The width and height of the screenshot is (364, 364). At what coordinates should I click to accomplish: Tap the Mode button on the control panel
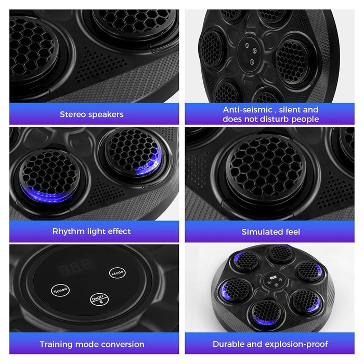(x=117, y=272)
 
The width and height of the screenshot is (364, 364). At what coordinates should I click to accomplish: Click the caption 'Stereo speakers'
(x=92, y=114)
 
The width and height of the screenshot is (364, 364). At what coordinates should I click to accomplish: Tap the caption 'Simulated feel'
(x=270, y=231)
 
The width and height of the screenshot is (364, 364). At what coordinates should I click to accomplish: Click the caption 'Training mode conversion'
(x=92, y=344)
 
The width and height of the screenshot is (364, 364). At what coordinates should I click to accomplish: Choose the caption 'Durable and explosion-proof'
(x=270, y=344)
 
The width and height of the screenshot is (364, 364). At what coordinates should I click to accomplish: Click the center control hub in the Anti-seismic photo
(x=251, y=53)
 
